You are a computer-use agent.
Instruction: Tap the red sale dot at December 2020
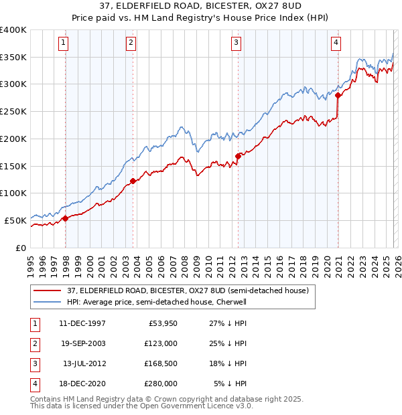click(x=338, y=95)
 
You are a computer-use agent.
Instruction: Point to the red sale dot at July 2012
click(x=238, y=156)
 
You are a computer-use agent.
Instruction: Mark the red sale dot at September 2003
click(x=133, y=180)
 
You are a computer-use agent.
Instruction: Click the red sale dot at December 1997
click(x=65, y=218)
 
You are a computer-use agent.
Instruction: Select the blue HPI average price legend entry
click(x=157, y=303)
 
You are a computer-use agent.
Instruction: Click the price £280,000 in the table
click(x=161, y=384)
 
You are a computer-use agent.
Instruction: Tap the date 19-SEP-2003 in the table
click(x=82, y=343)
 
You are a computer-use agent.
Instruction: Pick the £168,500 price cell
click(x=161, y=363)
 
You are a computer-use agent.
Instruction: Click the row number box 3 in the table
click(x=34, y=363)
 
